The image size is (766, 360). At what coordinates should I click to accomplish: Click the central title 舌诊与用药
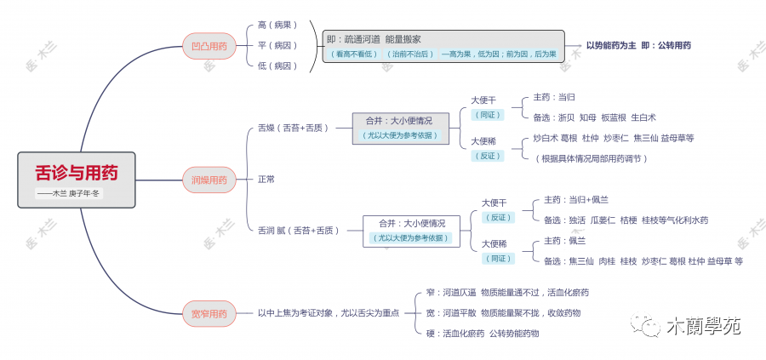pos(77,173)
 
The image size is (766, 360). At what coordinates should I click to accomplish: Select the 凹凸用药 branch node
pos(209,45)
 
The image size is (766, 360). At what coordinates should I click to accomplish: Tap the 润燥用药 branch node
pos(209,180)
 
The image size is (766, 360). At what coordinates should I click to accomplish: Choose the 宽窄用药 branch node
pos(209,314)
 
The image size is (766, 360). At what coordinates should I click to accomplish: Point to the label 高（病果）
pos(277,26)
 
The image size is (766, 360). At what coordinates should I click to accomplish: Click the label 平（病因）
pos(277,45)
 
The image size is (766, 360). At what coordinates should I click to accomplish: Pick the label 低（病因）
pos(277,66)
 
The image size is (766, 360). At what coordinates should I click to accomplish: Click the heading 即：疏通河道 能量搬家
pos(374,39)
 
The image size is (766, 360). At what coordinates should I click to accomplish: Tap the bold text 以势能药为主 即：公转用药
pos(638,45)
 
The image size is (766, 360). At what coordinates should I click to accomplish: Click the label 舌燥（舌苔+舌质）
pos(293,128)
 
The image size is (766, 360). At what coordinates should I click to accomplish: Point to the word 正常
pos(266,180)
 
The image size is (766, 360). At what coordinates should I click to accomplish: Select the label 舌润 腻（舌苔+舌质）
pos(298,230)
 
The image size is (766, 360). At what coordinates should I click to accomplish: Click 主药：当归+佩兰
pos(576,199)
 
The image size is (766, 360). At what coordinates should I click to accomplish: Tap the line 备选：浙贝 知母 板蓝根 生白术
pos(594,117)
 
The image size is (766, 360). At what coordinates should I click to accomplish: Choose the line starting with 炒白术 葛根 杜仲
pos(613,138)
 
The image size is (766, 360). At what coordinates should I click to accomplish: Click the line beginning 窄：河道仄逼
pos(507,293)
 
